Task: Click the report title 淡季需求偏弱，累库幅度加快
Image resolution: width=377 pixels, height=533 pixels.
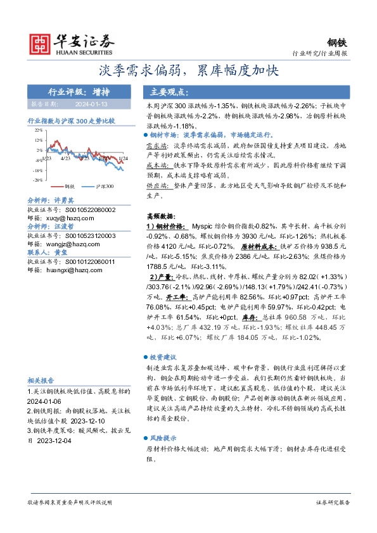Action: [x=188, y=70]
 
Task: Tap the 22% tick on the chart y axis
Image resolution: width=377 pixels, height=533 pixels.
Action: [x=38, y=129]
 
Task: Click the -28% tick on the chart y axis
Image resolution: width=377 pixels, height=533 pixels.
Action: [x=38, y=180]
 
